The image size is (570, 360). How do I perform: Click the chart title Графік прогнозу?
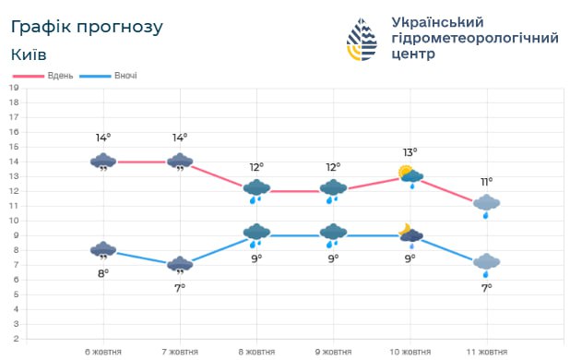[88, 27]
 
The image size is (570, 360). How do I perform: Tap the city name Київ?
[30, 54]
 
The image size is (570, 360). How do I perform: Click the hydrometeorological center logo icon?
[362, 40]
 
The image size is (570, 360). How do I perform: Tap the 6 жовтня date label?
[103, 352]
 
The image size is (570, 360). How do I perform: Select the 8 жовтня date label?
[256, 352]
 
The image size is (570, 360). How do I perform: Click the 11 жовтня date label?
[486, 352]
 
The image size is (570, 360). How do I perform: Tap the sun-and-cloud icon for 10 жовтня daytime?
[410, 174]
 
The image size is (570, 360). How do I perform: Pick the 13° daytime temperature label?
[410, 152]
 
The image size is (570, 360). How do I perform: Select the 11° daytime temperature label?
[486, 182]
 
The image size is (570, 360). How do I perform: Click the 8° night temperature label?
[103, 272]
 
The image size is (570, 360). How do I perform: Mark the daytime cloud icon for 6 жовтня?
[103, 162]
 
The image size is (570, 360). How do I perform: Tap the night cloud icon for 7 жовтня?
[180, 266]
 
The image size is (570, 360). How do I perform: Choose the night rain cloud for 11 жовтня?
[486, 264]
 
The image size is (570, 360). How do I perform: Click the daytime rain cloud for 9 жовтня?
[333, 189]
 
